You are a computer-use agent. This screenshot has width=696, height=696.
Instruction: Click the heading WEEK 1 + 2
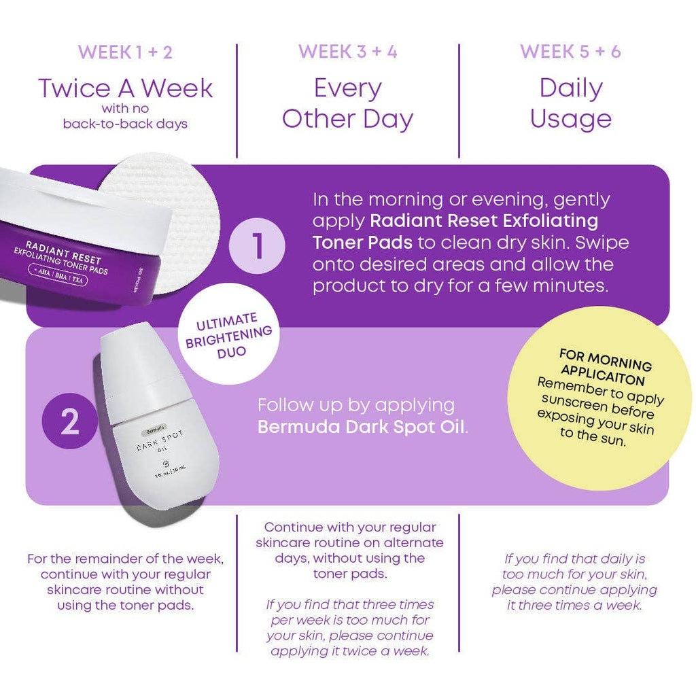click(x=125, y=52)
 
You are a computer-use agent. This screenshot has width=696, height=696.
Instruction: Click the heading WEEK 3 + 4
click(x=347, y=52)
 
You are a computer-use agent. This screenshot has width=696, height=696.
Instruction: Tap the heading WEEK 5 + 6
click(x=570, y=52)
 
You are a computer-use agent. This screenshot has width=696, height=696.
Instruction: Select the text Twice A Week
click(x=125, y=88)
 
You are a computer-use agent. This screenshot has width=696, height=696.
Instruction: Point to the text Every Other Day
click(x=347, y=103)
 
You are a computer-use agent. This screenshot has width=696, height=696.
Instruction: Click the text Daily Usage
click(x=570, y=103)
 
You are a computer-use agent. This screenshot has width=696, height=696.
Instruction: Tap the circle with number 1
click(x=258, y=245)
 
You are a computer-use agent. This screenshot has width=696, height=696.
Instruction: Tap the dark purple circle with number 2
click(x=70, y=422)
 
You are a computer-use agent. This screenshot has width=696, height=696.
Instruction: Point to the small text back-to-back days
click(x=125, y=124)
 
